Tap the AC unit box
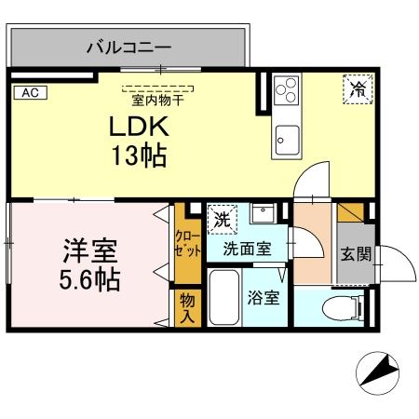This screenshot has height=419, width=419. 29,92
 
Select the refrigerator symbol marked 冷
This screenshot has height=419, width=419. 358,89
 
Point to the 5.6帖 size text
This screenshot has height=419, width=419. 90,278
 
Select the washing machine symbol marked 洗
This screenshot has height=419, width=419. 222,220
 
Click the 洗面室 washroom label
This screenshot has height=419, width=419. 247,249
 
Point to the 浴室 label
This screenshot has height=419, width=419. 264,299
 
